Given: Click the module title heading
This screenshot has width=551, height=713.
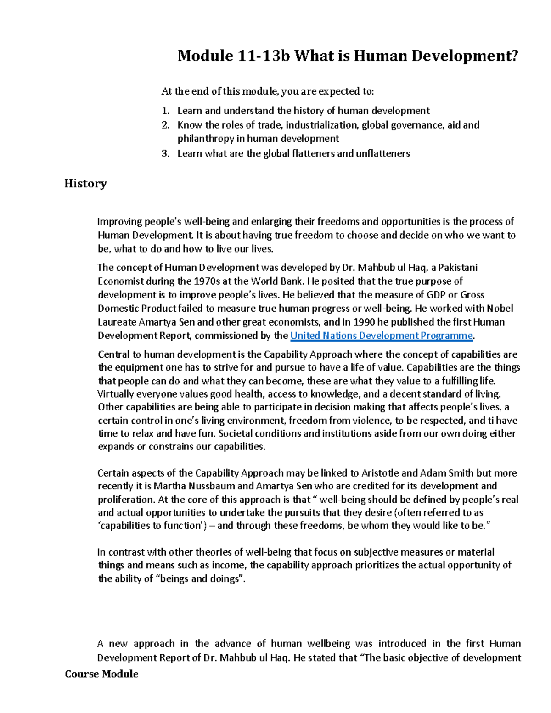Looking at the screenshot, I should pos(348,56).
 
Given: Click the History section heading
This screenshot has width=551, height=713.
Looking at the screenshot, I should pos(85,184).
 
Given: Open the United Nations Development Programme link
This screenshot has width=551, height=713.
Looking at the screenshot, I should pos(381,336).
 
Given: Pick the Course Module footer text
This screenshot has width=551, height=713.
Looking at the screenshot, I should pos(101,674).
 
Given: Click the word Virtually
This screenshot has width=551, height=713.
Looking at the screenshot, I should pos(115,394).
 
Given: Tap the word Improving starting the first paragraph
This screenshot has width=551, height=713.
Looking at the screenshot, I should pos(117,222).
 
